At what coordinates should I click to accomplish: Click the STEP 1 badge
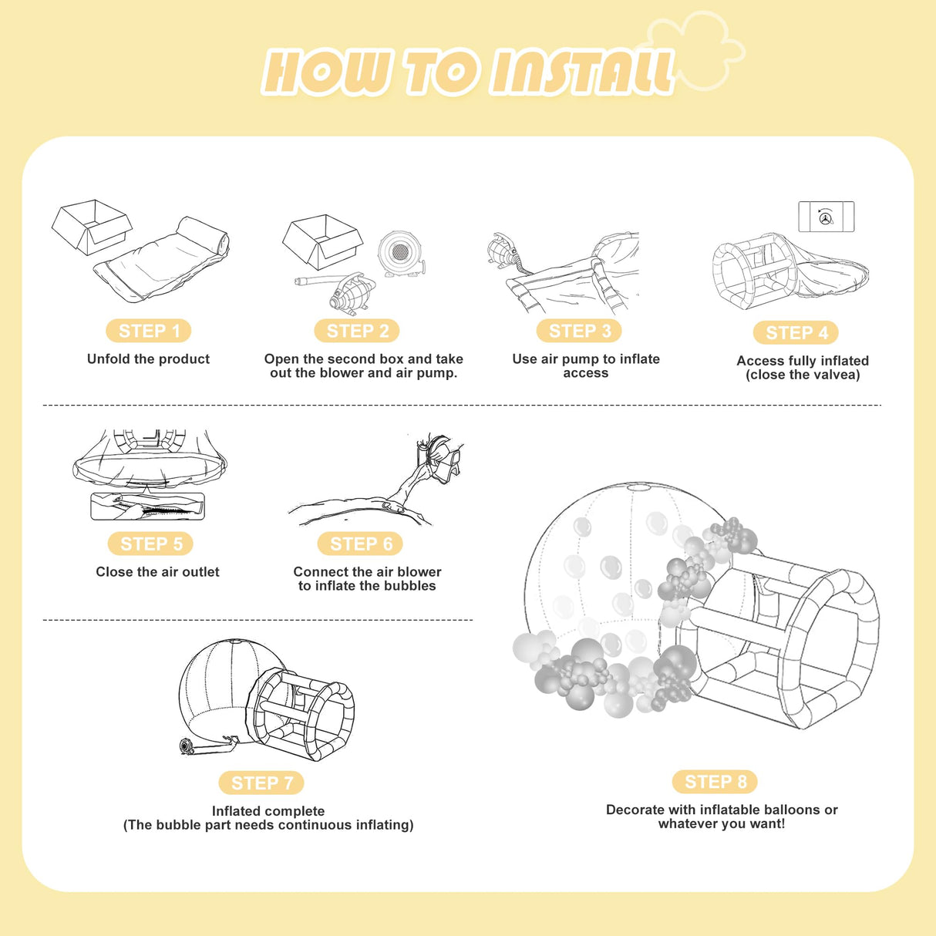click(148, 331)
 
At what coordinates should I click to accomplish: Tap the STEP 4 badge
click(796, 333)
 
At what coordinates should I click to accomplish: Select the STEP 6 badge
click(360, 544)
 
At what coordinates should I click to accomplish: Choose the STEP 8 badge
click(715, 782)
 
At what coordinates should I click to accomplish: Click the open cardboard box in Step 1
click(92, 227)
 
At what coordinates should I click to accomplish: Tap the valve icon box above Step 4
click(827, 217)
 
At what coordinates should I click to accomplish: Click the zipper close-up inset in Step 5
click(148, 506)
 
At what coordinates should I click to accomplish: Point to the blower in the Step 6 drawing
click(439, 456)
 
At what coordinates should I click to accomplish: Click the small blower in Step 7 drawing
click(187, 746)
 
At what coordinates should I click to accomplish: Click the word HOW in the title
click(325, 71)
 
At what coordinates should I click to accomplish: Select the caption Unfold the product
click(148, 359)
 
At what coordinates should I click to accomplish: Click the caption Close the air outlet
click(157, 572)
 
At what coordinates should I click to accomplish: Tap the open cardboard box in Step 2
click(322, 242)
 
